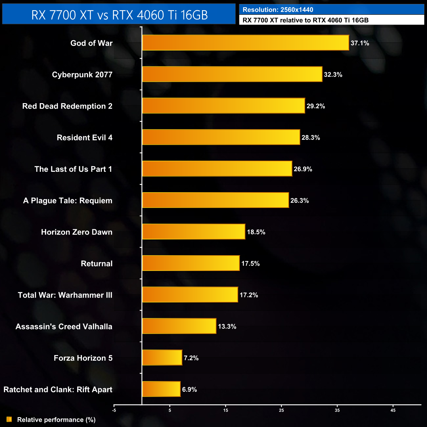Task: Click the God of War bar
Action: pos(245,43)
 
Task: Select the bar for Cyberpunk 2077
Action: pos(232,74)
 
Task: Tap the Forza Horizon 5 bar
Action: pos(162,357)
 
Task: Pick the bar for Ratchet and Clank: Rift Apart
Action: pos(161,389)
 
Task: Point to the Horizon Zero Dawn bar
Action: pos(194,232)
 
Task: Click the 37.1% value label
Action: pos(360,43)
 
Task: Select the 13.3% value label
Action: pos(227,326)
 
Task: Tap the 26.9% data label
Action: pos(303,169)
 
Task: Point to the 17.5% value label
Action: pos(250,263)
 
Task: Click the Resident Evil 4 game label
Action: pos(84,138)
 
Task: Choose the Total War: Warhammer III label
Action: pos(65,295)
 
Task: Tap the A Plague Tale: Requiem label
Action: pos(68,201)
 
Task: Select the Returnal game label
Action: pos(97,263)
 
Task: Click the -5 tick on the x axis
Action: pos(114,410)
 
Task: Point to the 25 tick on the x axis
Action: pos(281,410)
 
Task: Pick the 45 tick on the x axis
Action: pos(393,410)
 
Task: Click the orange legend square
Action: pos(9,419)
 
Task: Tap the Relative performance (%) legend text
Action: pos(56,420)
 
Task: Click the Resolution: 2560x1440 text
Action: pos(278,10)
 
